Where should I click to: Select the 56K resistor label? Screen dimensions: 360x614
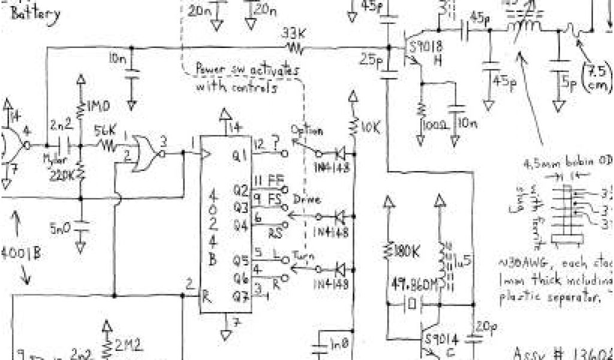106,130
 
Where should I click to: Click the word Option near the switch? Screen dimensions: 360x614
307,130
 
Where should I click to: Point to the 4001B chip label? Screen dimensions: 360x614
21,252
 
